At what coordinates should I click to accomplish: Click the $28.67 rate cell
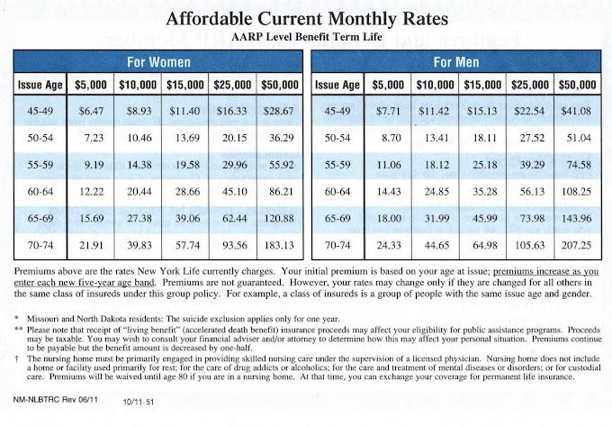point(277,110)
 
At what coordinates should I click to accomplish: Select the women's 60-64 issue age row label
point(41,191)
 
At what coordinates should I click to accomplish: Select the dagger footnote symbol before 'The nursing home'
point(18,357)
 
